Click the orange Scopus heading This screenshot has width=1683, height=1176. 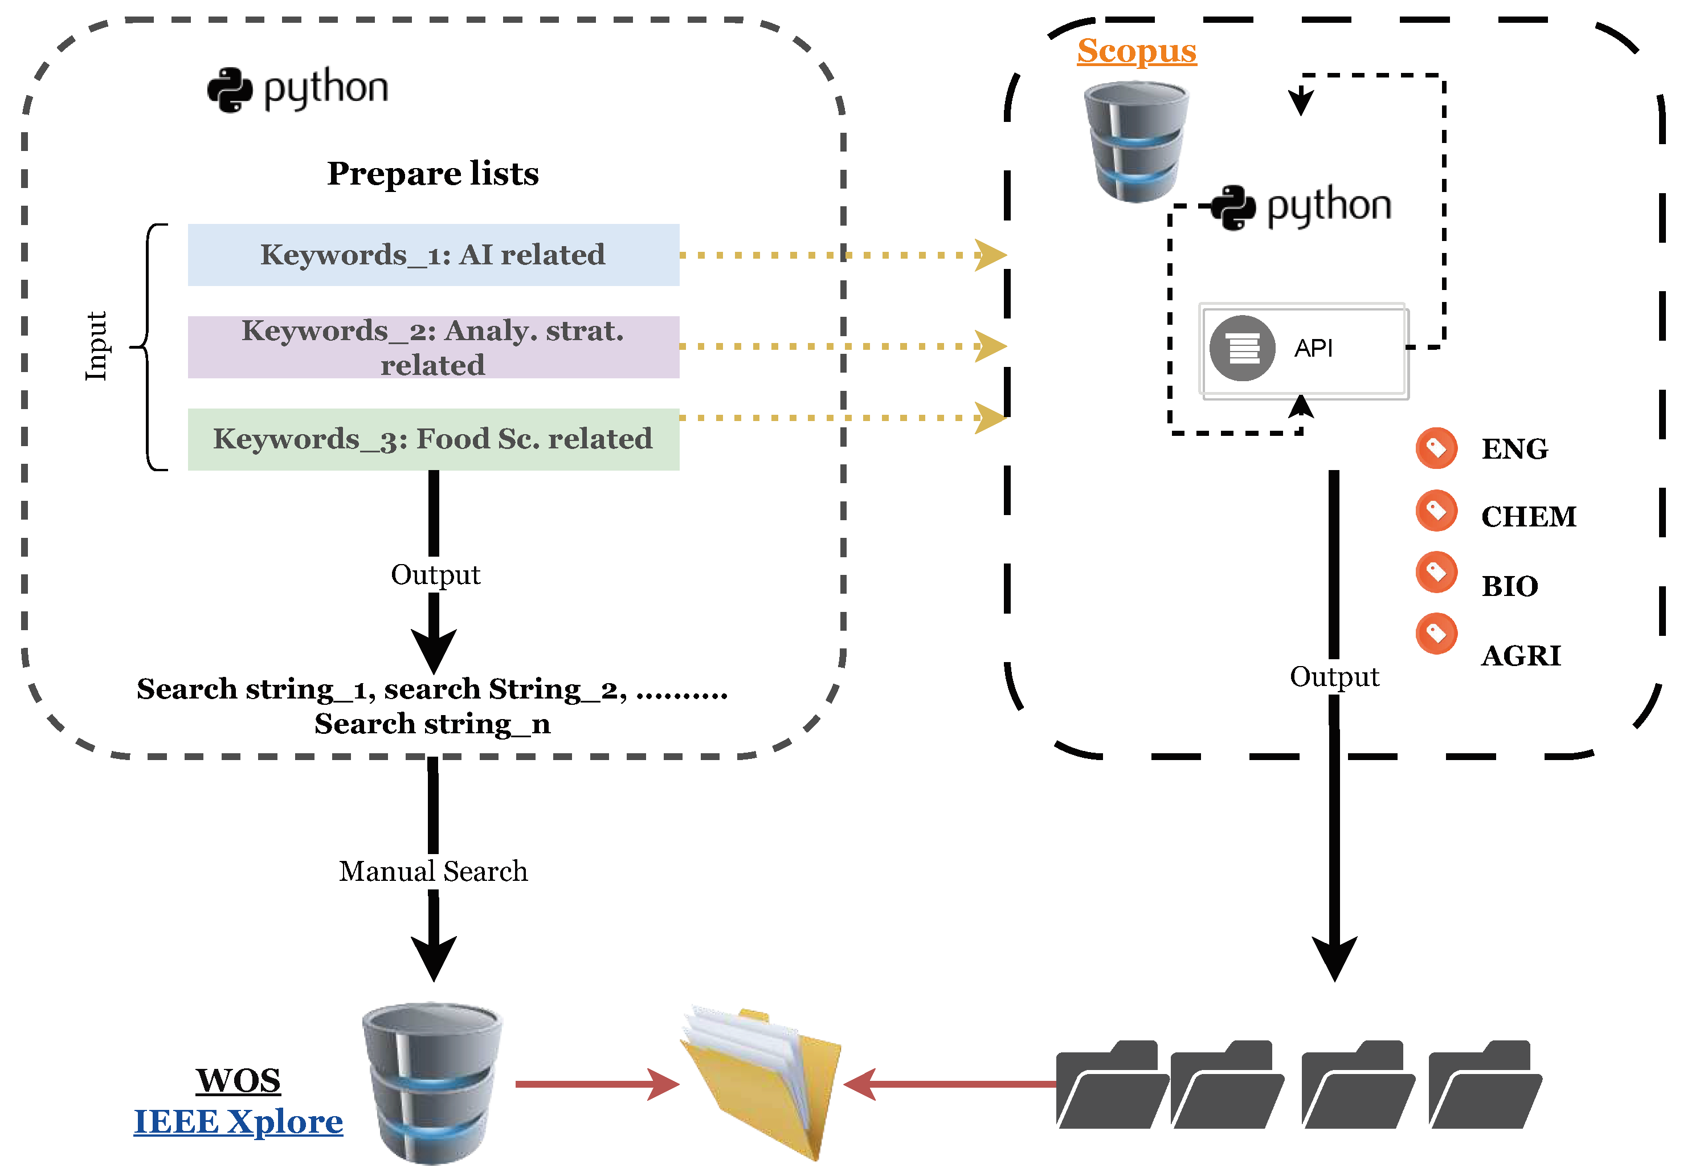pyautogui.click(x=1136, y=51)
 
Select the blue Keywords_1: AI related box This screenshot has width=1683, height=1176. pyautogui.click(x=433, y=255)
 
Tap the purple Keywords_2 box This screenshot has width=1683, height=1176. pyautogui.click(x=433, y=347)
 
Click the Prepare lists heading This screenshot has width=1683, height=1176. pyautogui.click(x=432, y=174)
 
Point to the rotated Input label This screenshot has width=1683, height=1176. pyautogui.click(x=96, y=346)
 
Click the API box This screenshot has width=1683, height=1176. pyautogui.click(x=1304, y=349)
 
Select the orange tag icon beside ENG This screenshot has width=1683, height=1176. pyautogui.click(x=1436, y=448)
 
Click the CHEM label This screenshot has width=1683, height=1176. pyautogui.click(x=1529, y=517)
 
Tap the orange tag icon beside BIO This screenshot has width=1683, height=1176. pyautogui.click(x=1436, y=572)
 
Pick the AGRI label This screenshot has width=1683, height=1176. pyautogui.click(x=1521, y=655)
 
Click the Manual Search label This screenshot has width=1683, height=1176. pyautogui.click(x=433, y=871)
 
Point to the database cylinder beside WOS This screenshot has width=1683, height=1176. pyautogui.click(x=432, y=1083)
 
